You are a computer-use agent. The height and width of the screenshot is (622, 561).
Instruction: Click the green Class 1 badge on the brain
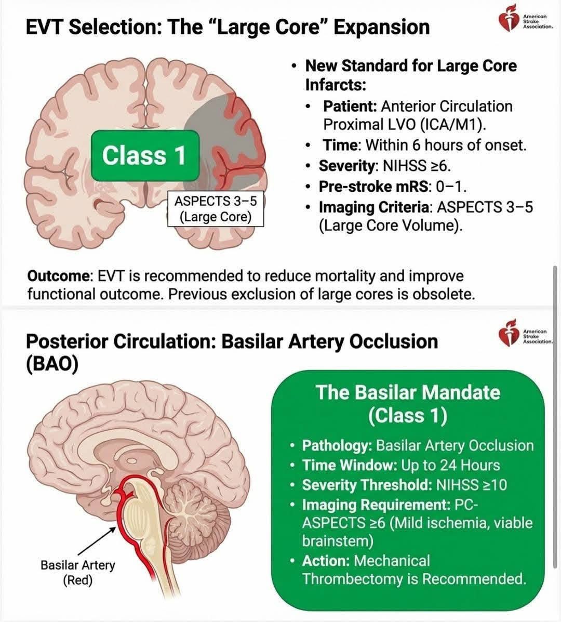click(x=145, y=155)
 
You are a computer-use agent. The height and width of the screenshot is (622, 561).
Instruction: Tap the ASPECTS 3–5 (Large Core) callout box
click(x=215, y=208)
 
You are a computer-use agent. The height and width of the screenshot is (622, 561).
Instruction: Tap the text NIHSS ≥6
click(x=416, y=166)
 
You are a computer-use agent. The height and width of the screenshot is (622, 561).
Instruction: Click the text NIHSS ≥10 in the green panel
click(x=471, y=485)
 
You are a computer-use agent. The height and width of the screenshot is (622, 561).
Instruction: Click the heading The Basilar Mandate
click(x=407, y=392)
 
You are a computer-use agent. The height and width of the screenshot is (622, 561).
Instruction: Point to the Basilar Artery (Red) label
click(x=78, y=572)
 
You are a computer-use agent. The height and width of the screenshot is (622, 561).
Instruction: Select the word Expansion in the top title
click(x=381, y=27)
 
